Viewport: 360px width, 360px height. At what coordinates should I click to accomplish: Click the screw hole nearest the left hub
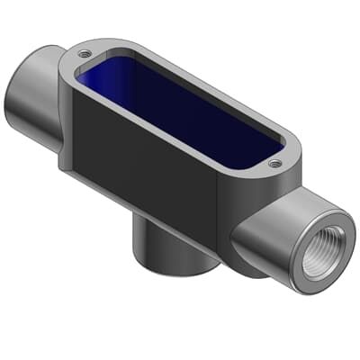tap(84, 53)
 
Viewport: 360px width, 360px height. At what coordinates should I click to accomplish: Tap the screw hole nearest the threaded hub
tap(274, 164)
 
